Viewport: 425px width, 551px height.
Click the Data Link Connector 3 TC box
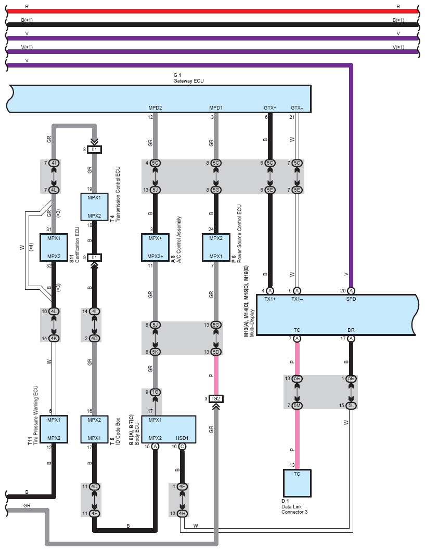297,483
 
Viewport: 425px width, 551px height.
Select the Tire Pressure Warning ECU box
54,429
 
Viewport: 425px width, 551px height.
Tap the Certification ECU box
54,247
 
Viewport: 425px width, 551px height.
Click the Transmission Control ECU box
94,207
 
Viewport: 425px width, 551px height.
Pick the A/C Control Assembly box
156,247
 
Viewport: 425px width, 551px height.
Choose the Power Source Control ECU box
216,247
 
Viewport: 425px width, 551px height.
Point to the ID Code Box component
94,429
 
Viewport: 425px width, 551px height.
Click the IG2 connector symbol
216,399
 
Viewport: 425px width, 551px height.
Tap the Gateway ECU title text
188,81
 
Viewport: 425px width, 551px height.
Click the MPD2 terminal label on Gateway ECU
156,108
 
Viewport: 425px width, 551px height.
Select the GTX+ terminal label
270,108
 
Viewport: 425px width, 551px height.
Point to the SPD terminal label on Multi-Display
351,299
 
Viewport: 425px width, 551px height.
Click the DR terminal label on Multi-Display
351,330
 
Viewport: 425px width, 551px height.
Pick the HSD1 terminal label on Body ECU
182,438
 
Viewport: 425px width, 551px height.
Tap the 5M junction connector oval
297,406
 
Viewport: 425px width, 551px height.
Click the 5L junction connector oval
351,406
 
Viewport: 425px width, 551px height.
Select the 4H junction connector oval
182,514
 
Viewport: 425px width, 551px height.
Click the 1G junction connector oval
156,392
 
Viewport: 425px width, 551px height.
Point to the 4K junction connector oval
54,339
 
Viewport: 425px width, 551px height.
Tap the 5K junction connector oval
156,352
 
